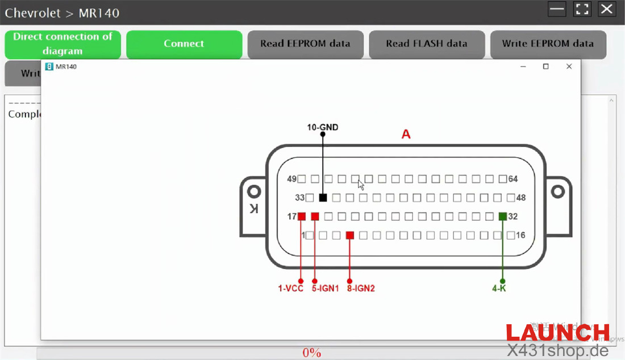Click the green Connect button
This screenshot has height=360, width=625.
(184, 44)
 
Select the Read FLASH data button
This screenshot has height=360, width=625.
(427, 44)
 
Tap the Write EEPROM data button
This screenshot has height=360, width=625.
(548, 44)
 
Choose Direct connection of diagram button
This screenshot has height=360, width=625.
(63, 44)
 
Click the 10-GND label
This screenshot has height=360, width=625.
(323, 127)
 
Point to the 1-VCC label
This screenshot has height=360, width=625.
(290, 288)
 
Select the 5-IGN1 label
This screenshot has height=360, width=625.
(325, 288)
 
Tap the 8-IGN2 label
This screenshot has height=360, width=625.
(361, 288)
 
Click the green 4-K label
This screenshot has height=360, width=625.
(499, 288)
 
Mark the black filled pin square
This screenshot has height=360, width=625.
(323, 198)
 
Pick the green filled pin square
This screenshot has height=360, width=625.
(502, 216)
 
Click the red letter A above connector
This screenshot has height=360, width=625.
(406, 135)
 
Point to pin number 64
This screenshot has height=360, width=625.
(513, 179)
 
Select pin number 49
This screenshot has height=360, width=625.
(292, 179)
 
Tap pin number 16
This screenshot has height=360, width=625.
(520, 235)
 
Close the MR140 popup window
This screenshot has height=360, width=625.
(569, 67)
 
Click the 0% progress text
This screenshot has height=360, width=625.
(312, 353)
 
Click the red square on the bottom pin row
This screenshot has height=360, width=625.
(350, 235)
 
